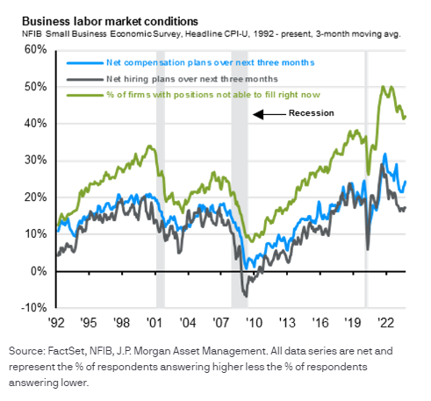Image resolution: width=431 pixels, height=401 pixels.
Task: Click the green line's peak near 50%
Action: point(382,87)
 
